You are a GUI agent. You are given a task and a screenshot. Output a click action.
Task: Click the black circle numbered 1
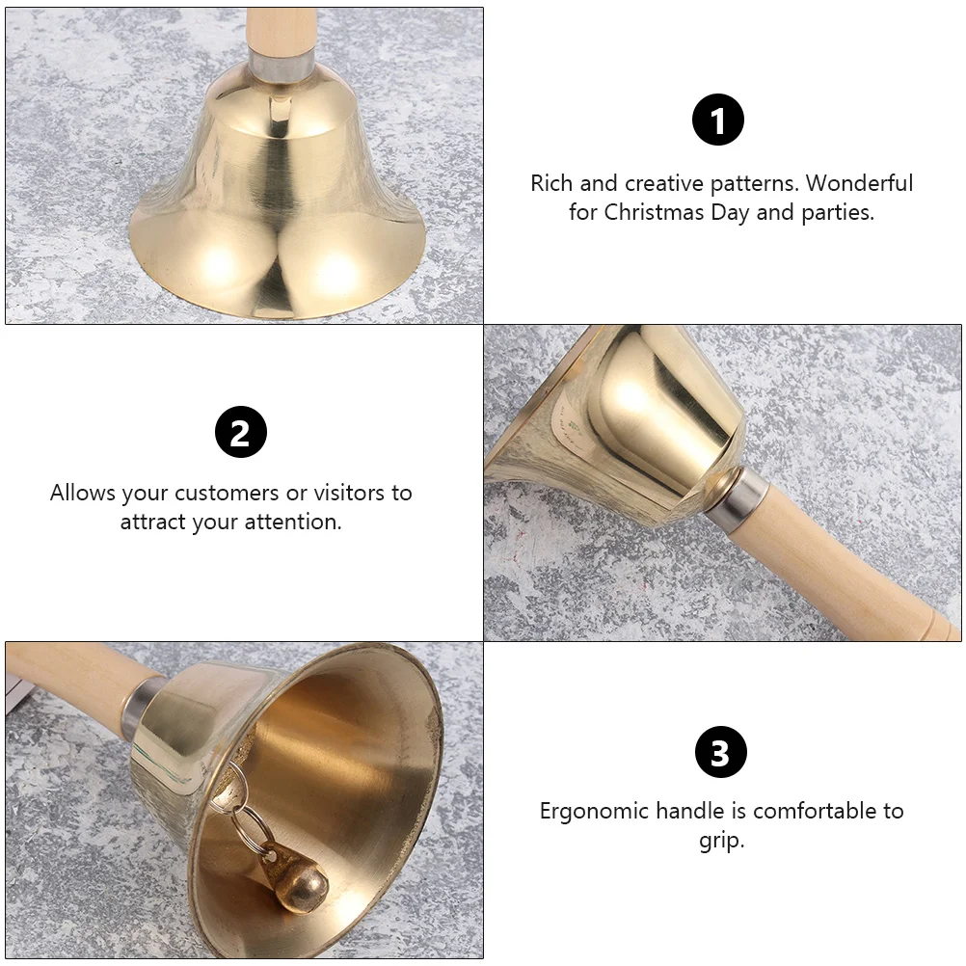tap(717, 120)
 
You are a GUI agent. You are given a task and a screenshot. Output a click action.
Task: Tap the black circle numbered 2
tap(241, 432)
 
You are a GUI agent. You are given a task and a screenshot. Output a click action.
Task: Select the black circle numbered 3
tap(721, 752)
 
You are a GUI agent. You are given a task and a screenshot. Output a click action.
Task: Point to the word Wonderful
tap(859, 183)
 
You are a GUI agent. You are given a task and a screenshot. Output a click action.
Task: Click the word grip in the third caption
tap(721, 841)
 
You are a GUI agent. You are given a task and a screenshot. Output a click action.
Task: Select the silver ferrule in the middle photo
tap(738, 496)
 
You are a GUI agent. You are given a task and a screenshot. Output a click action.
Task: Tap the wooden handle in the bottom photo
tap(74, 677)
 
